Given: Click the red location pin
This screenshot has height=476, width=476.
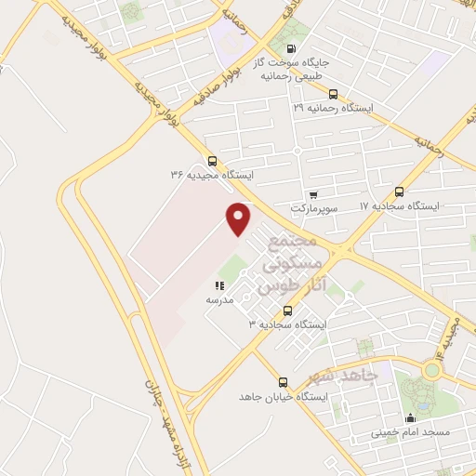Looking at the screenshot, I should pyautogui.click(x=240, y=218).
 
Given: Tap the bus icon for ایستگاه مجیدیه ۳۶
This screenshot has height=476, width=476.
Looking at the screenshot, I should pyautogui.click(x=213, y=161).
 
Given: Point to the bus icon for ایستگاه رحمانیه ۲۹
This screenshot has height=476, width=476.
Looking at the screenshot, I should pyautogui.click(x=334, y=93).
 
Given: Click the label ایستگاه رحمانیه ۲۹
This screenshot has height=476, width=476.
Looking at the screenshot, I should pyautogui.click(x=333, y=108).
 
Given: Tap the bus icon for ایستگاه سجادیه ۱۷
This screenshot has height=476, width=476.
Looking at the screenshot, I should pyautogui.click(x=401, y=191).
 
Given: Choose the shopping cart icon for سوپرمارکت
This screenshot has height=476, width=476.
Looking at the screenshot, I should pyautogui.click(x=313, y=194).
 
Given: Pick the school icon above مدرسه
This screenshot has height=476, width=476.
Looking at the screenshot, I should pyautogui.click(x=219, y=286).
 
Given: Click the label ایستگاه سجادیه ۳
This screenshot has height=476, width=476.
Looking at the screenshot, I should pyautogui.click(x=288, y=324).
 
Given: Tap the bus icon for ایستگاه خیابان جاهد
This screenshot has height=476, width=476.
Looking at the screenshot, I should pyautogui.click(x=283, y=382).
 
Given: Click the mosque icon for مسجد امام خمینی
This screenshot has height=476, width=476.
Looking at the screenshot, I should pyautogui.click(x=410, y=417).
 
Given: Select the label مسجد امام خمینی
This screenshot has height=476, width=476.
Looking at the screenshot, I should pyautogui.click(x=410, y=432).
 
